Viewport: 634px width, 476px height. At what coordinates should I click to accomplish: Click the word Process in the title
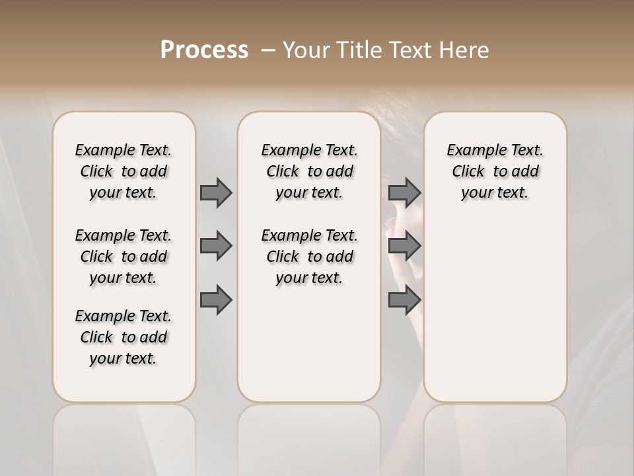[x=204, y=50]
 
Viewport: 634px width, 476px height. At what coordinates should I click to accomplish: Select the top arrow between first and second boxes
[x=216, y=192]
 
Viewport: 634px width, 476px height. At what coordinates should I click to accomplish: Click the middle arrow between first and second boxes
[x=216, y=246]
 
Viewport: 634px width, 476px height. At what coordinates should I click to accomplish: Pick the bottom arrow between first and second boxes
[x=216, y=300]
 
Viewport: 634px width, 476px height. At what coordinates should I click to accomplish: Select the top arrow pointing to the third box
[x=404, y=192]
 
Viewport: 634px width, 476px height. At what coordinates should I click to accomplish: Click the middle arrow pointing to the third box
[x=404, y=246]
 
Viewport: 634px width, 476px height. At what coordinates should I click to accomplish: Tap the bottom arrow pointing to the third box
[x=404, y=300]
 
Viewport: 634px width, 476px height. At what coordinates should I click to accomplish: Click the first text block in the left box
[x=123, y=171]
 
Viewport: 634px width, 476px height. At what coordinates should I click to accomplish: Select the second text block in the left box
[x=123, y=257]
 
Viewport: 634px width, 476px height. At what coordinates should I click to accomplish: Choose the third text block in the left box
[x=123, y=337]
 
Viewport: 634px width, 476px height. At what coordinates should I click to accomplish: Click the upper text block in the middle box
[x=309, y=171]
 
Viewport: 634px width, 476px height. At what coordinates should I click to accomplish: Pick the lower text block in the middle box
[x=309, y=257]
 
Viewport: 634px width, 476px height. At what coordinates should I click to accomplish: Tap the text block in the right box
[x=495, y=171]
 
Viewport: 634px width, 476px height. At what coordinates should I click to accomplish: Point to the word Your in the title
[x=303, y=50]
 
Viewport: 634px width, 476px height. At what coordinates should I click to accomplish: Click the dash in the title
[x=268, y=50]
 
